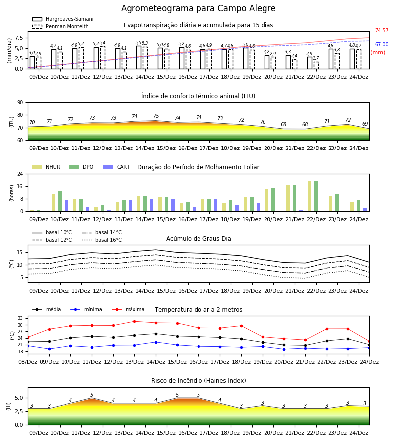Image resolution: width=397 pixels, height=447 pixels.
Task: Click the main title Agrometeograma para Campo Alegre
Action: tap(198, 8)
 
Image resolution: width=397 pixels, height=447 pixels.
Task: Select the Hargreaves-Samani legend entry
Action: tap(63, 19)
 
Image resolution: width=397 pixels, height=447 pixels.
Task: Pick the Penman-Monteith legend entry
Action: tap(61, 26)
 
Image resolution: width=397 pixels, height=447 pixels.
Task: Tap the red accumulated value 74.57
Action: tap(382, 30)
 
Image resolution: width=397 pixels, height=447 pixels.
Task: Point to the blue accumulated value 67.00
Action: tap(382, 45)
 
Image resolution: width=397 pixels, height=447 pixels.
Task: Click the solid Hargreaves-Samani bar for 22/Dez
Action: tap(310, 63)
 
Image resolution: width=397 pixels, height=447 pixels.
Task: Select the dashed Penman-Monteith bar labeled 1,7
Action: tap(316, 65)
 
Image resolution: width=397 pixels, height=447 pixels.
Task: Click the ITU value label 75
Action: tap(156, 116)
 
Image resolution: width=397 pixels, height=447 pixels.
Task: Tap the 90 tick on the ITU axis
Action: tap(20, 103)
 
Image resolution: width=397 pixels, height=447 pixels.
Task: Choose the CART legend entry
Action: tap(117, 167)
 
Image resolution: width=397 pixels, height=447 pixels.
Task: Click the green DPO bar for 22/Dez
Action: tap(316, 196)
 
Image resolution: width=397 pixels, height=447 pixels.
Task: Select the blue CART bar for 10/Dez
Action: tap(66, 206)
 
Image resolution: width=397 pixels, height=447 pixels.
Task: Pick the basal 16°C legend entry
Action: tap(102, 240)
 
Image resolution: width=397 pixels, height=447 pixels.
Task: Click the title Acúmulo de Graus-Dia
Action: tap(198, 239)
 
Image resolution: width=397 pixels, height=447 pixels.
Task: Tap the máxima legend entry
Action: tap(129, 309)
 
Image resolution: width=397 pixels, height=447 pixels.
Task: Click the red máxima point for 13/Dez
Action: tap(134, 321)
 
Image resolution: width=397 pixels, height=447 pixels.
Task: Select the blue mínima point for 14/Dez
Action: tap(156, 342)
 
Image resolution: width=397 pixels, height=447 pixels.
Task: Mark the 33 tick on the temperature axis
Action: tap(21, 318)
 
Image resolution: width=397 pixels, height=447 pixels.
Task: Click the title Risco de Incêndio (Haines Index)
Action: tap(198, 381)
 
